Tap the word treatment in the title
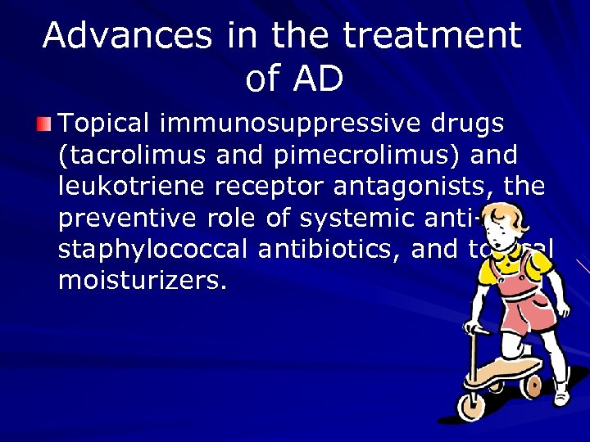432,35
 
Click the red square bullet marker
44,124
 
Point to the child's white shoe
562,394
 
